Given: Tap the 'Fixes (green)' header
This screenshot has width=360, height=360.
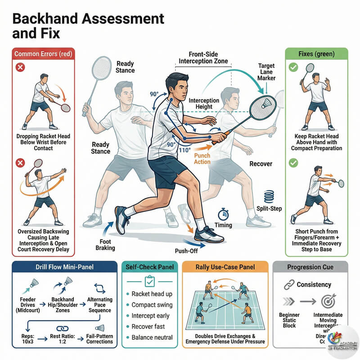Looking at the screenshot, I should [x=316, y=54].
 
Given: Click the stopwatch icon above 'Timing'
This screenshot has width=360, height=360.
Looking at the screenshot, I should [x=224, y=213].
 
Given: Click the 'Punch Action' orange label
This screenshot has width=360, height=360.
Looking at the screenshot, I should [x=202, y=158].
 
